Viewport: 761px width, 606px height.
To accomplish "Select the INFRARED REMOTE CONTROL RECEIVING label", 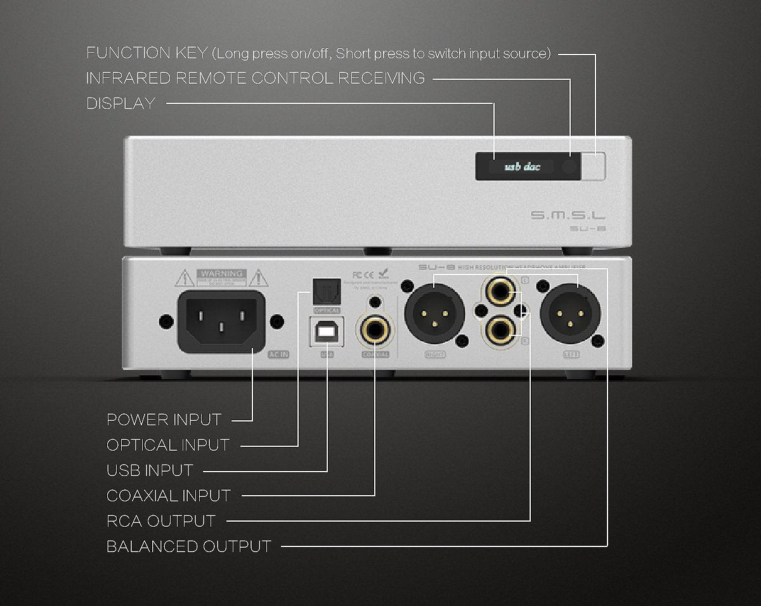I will (x=256, y=79).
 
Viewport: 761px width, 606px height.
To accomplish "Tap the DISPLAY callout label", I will (x=121, y=103).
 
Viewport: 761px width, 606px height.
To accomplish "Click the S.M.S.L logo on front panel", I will (x=568, y=216).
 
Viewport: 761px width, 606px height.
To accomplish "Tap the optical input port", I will (x=327, y=292).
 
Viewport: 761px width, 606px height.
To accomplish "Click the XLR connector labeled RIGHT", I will (x=434, y=313).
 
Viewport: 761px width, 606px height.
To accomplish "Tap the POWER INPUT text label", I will (x=164, y=420).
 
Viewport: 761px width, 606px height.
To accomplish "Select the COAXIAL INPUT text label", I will (x=169, y=496).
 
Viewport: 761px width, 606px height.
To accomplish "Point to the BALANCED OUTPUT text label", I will (x=189, y=546).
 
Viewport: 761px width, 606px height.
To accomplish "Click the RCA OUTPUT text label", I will (x=161, y=521).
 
